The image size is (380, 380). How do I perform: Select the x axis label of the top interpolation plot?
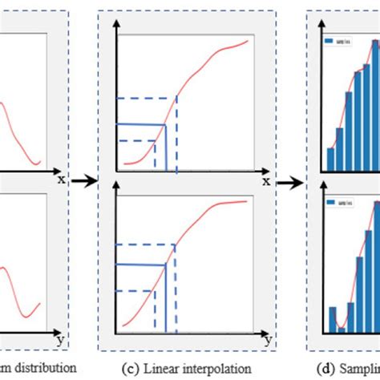[265, 181]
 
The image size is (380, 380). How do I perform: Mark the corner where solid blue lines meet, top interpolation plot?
[165, 124]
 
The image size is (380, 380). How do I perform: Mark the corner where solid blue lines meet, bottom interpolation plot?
[166, 266]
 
